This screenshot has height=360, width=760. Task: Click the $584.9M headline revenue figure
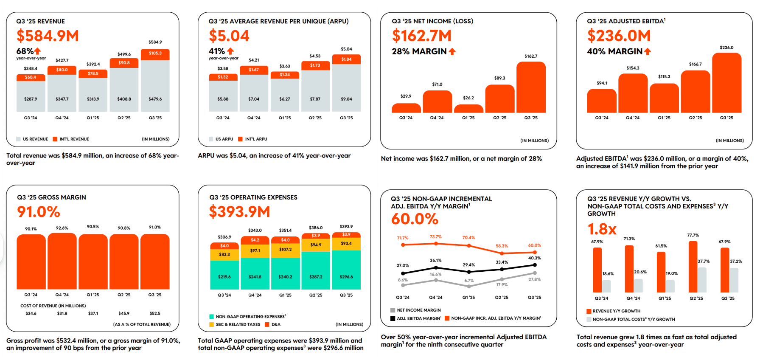pos(48,36)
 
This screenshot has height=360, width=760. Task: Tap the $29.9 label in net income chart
pos(406,96)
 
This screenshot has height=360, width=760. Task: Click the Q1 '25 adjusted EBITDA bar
pos(664,98)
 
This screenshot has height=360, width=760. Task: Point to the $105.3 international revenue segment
pos(155,54)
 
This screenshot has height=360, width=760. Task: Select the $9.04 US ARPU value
pos(346,99)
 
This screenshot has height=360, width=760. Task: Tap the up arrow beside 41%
pos(230,51)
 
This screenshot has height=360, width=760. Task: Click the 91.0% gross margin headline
pos(39,212)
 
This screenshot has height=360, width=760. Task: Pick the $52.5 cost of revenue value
pos(155,314)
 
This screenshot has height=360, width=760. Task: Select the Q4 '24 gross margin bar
pos(62,261)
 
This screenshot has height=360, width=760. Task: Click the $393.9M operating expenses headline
pos(239,211)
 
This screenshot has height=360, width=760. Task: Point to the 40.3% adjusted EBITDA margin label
pos(534,258)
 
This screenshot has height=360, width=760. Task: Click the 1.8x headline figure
pos(602,229)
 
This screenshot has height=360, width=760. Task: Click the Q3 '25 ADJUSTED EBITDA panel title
pos(626,21)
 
